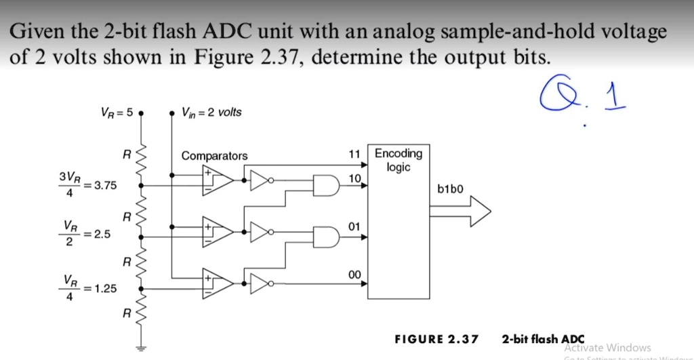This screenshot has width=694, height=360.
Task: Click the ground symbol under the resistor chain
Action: click(x=141, y=351)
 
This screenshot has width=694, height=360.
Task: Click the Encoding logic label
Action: click(x=399, y=160)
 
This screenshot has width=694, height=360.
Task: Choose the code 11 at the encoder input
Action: click(x=353, y=155)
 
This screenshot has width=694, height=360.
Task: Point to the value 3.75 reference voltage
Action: click(x=105, y=185)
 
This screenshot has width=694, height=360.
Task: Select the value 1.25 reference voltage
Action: click(x=105, y=288)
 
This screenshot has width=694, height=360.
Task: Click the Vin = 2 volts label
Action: click(x=211, y=112)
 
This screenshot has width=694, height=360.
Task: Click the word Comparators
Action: click(x=214, y=156)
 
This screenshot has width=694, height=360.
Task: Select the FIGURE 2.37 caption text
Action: click(x=436, y=338)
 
